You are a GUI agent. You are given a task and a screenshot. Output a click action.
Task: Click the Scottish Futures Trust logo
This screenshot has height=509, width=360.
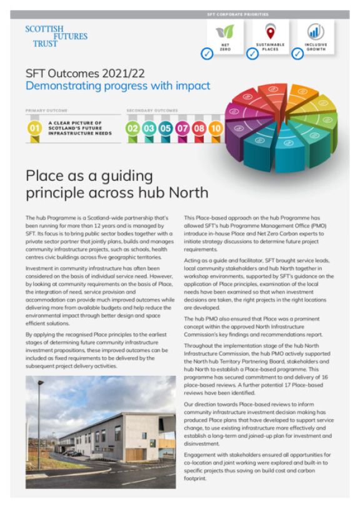56,36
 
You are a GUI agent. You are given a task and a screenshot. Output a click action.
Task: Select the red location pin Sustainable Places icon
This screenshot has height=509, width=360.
270,32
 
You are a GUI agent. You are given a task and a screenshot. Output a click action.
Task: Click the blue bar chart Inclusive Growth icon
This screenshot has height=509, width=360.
316,32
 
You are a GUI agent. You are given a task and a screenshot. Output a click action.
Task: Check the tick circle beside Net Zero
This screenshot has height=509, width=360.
207,54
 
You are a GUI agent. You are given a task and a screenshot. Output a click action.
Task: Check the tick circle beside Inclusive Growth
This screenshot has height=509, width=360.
298,54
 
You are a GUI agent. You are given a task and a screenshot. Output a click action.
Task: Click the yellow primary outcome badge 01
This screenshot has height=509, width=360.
34,129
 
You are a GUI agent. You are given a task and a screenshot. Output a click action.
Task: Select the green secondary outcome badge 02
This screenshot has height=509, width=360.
132,129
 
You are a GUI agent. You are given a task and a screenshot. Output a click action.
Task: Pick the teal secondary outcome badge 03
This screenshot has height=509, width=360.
149,129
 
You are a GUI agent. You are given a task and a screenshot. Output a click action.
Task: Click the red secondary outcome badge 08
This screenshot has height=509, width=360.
199,129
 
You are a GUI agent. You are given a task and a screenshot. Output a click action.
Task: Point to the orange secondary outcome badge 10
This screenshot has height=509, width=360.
215,129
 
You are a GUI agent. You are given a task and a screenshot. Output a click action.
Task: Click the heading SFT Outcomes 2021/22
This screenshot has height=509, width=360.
79,73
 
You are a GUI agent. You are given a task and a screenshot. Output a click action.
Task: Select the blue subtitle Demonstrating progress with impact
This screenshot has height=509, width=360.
117,86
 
